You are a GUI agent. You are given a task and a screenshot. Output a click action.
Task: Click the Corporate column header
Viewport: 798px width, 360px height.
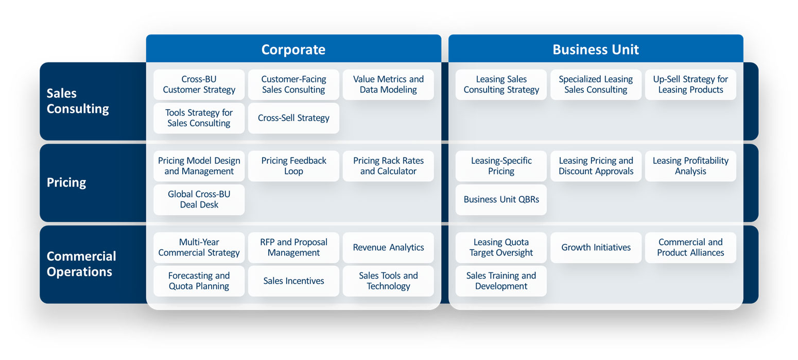[x=293, y=49]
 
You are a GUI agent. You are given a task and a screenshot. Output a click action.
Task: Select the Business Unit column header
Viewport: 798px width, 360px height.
[x=596, y=49]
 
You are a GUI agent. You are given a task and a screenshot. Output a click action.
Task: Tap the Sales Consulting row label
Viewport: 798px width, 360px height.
[x=78, y=101]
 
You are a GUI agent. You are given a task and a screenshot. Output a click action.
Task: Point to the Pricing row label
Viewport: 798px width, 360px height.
[x=66, y=182]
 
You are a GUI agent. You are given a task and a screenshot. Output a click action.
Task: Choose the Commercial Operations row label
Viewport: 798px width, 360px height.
[x=81, y=264]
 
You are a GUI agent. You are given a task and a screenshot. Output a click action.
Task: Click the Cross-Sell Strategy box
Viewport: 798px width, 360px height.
[x=293, y=118]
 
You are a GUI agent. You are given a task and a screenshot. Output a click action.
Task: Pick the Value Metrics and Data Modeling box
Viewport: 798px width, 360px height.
[x=388, y=84]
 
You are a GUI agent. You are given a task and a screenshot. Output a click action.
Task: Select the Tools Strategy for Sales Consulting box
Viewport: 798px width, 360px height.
[x=199, y=118]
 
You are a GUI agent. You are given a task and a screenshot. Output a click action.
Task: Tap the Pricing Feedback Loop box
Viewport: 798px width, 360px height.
[x=293, y=166]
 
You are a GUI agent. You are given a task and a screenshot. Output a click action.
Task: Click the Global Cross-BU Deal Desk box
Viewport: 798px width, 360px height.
[x=199, y=199]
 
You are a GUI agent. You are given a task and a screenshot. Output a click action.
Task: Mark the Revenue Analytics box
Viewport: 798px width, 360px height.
[x=388, y=247]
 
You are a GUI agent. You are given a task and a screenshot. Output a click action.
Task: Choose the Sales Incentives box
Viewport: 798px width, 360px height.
[x=293, y=281]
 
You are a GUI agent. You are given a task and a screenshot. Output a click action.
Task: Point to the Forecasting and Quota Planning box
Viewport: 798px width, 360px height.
[x=199, y=281]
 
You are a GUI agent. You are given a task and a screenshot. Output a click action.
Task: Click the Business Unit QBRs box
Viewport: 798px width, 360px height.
[x=501, y=199]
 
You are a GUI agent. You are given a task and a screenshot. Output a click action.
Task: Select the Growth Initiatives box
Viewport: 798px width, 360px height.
[x=596, y=247]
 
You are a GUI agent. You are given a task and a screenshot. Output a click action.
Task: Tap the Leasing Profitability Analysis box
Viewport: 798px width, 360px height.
[x=690, y=166]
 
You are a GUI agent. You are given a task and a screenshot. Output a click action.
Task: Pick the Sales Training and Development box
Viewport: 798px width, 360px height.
[x=501, y=281]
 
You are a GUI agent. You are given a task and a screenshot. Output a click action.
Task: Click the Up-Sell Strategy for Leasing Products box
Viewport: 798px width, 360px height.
[x=690, y=84]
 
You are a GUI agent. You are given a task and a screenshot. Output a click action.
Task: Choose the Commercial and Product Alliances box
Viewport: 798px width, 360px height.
[x=690, y=247]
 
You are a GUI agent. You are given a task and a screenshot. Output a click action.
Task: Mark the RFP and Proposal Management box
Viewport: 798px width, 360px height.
[x=293, y=247]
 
